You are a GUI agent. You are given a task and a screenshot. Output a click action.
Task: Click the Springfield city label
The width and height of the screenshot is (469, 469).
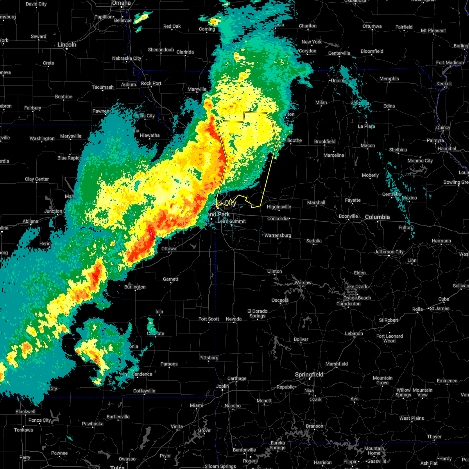coord(309,374)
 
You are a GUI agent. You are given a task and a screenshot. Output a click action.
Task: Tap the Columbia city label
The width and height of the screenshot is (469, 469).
coord(378,217)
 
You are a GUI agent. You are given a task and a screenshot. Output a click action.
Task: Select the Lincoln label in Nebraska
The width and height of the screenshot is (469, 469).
coord(67,45)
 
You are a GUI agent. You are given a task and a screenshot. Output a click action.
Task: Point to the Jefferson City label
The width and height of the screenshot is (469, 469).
coord(389,252)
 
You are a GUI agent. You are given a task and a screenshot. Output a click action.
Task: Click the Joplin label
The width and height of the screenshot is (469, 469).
coord(222,386)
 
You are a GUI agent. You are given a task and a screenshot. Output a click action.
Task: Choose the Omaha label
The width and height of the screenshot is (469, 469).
coord(121,3)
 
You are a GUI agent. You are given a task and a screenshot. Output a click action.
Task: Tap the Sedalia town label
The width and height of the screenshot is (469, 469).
coord(314,241)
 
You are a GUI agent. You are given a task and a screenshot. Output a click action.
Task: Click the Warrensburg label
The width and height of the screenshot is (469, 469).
coord(278,235)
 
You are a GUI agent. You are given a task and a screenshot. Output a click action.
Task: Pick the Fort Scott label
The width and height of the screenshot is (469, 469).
coord(209,319)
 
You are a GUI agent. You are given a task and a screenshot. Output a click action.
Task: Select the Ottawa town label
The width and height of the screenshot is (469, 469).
coord(169,249)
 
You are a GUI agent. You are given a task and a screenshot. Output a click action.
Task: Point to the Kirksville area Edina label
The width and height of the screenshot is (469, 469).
coord(389,106)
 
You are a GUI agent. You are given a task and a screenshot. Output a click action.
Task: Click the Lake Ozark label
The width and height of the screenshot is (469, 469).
coord(356,286)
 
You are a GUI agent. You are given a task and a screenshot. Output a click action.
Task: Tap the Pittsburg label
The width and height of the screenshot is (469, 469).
coord(209,358)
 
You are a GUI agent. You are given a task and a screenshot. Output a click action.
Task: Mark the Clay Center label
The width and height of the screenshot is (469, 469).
coord(37,179)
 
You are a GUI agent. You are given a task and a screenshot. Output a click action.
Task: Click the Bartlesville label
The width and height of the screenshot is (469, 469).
coord(118,417)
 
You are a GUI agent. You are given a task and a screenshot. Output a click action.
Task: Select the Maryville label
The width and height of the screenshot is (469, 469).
coord(197,89)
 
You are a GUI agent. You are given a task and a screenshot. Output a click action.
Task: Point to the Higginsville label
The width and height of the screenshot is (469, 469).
coord(279,207)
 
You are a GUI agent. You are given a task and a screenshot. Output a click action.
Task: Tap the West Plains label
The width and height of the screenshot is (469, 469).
coord(412,418)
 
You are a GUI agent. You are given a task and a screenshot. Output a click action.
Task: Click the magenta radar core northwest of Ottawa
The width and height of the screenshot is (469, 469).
coord(152,233)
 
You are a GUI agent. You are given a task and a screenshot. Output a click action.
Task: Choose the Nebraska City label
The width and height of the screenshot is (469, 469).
coord(127,58)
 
